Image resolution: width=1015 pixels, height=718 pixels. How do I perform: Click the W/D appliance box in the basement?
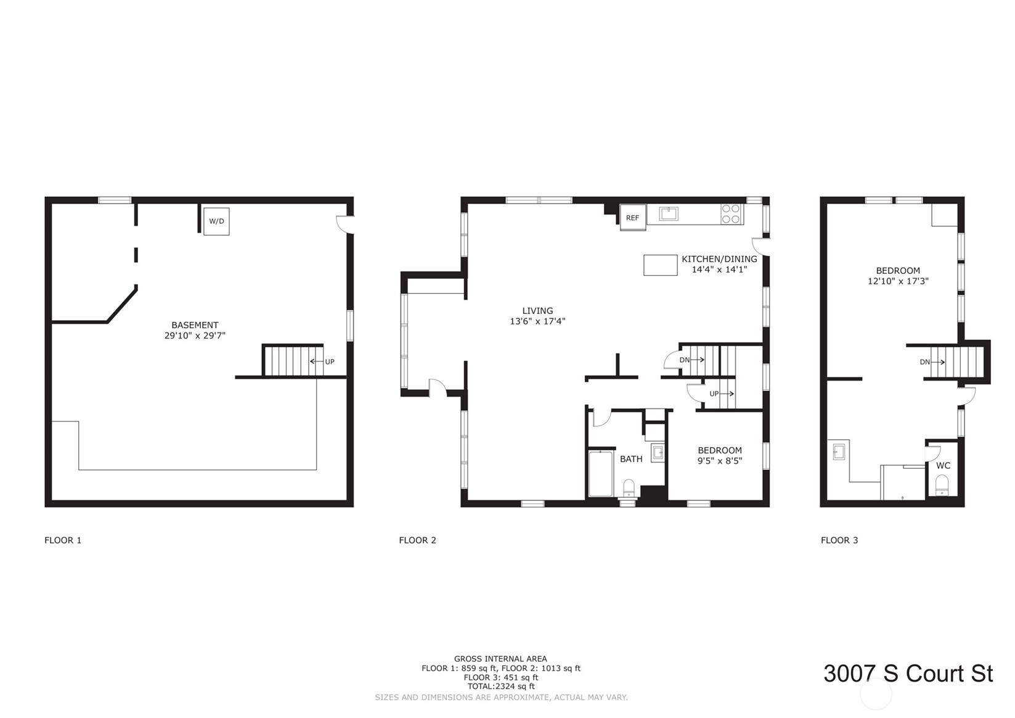(216, 221)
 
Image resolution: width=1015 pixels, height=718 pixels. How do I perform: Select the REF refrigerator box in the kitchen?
(632, 217)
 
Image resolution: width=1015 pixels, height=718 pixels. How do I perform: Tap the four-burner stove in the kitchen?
(731, 214)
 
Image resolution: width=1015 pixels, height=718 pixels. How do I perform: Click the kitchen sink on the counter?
(668, 213)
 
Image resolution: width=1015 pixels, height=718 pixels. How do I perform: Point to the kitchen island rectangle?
(660, 265)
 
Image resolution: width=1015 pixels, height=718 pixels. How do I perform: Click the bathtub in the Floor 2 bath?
(600, 474)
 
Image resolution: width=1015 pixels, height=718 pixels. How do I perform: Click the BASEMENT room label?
(195, 325)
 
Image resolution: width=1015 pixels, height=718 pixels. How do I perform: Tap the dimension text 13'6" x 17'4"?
(537, 321)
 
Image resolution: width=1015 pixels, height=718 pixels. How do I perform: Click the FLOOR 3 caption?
(839, 540)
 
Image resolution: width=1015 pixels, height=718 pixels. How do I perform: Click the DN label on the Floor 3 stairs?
(924, 362)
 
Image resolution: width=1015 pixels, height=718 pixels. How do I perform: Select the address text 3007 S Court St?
(908, 674)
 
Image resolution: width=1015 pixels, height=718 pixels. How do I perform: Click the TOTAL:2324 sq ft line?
(500, 686)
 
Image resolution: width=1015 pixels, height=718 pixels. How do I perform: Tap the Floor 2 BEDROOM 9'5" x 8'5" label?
(719, 455)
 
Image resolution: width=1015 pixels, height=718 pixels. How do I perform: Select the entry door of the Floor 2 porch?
(437, 387)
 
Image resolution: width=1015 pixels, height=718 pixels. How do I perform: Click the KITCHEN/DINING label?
(719, 259)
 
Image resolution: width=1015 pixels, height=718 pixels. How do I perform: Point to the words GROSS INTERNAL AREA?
(500, 659)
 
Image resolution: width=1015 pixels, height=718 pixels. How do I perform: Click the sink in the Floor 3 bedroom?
(838, 452)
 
